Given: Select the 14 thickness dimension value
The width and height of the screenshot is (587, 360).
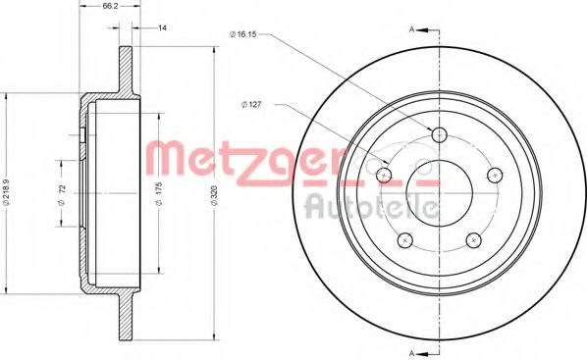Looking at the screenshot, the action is click(x=162, y=27).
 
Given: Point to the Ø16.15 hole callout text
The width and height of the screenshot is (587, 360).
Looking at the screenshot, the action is click(x=243, y=34).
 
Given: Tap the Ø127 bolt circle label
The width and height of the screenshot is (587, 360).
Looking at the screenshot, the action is click(x=251, y=105).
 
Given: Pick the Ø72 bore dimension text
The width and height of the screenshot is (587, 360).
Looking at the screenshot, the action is click(x=62, y=193).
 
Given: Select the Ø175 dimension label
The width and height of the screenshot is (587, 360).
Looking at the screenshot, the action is click(x=158, y=193).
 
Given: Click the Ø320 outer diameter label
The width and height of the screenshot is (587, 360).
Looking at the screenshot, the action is click(x=214, y=193).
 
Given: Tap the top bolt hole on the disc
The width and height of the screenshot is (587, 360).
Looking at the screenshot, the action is click(x=439, y=134).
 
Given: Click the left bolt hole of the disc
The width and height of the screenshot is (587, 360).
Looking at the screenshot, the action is click(x=384, y=174).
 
